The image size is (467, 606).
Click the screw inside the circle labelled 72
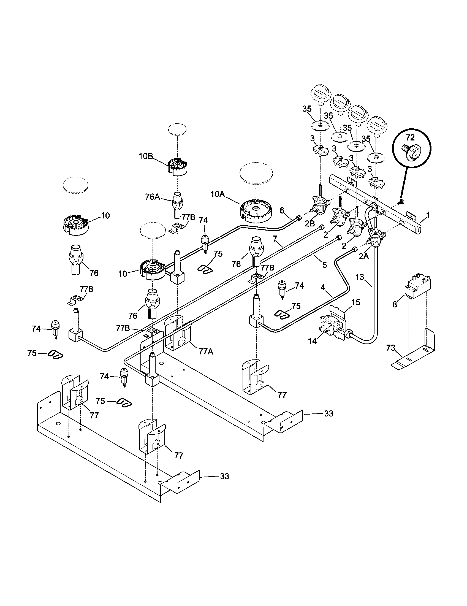point(409,153)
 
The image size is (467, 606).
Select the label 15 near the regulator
point(356,302)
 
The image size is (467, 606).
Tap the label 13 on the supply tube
point(360,277)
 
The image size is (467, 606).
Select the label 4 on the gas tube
point(322,288)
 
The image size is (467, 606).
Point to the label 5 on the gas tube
point(324,265)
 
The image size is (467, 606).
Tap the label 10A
point(218,194)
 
